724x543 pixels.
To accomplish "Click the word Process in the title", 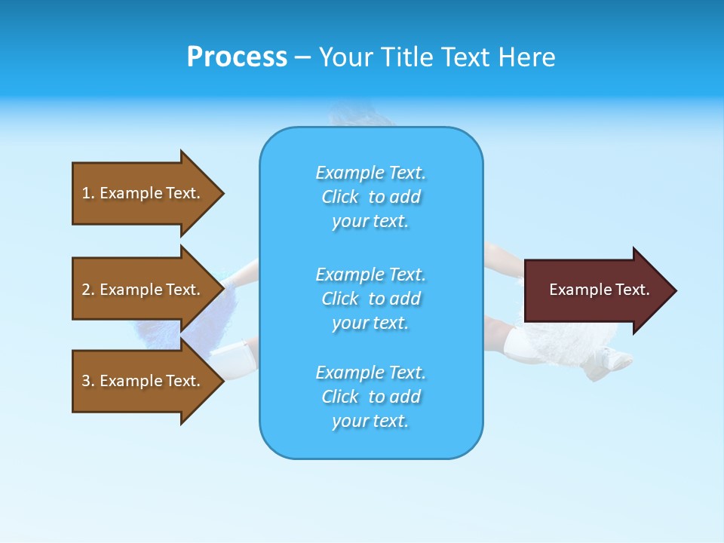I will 237,57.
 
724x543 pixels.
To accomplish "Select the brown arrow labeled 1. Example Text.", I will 143,193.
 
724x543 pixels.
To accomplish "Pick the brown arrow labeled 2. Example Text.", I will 143,290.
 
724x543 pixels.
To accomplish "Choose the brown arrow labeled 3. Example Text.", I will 143,381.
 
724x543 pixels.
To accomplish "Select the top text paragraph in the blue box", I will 370,197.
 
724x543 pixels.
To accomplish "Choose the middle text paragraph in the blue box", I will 370,299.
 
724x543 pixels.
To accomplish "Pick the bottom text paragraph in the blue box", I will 370,397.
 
